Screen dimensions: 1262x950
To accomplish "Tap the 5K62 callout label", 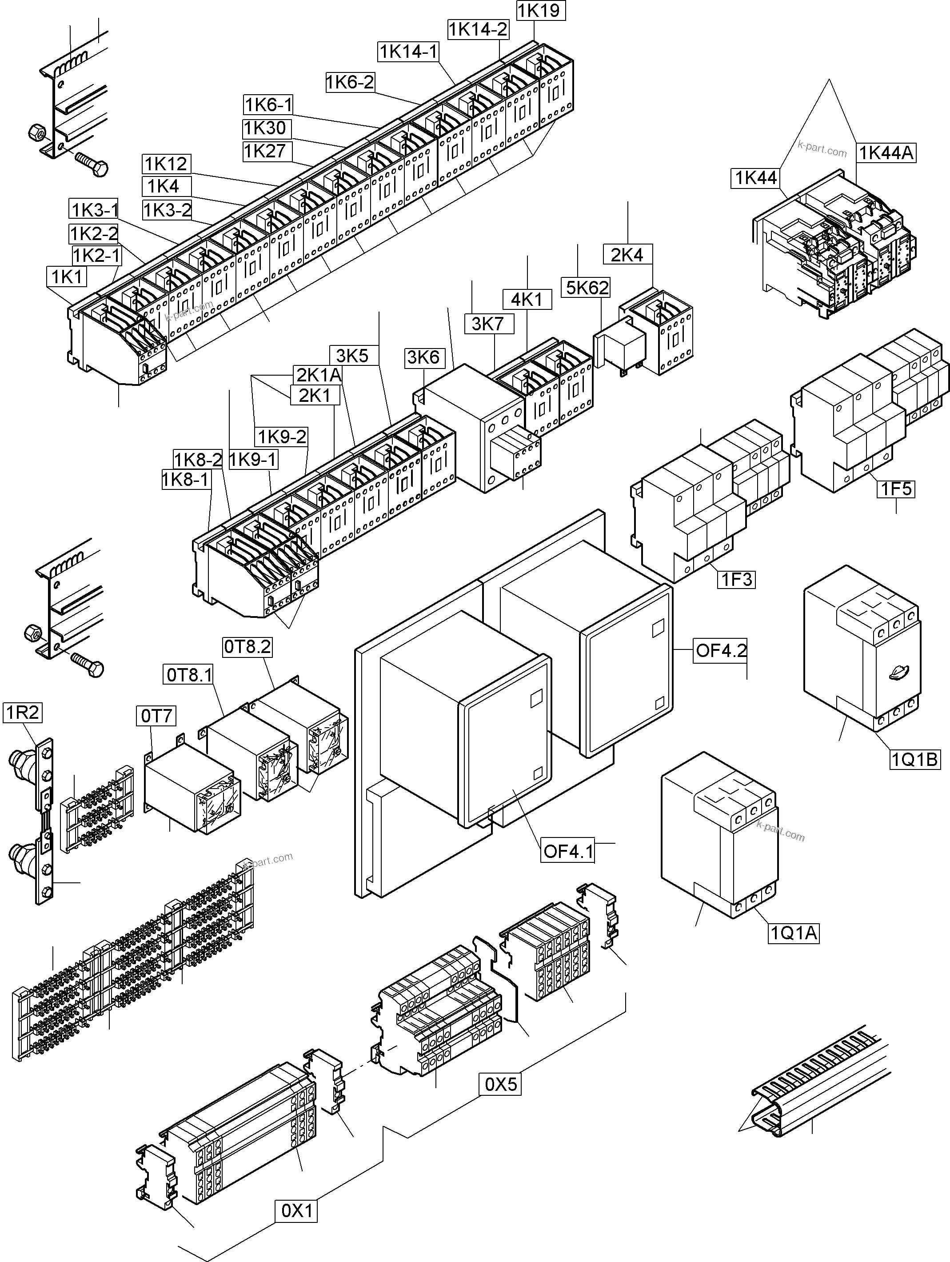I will (x=587, y=288).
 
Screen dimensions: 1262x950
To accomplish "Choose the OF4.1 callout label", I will (x=568, y=851).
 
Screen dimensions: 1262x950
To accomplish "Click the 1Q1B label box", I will (x=914, y=759).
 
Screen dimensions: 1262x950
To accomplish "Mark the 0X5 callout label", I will (x=500, y=1084).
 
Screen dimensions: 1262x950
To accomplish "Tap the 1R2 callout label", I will (x=22, y=713).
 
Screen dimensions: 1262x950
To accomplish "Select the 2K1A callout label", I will (x=318, y=375).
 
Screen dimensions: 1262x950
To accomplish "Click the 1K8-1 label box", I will (x=186, y=480).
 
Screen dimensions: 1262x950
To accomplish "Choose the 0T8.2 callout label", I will (x=247, y=647).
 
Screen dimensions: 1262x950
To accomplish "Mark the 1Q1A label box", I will (x=794, y=933).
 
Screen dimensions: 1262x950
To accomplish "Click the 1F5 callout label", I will (x=896, y=489).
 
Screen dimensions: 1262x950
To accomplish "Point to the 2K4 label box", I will (x=627, y=255).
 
